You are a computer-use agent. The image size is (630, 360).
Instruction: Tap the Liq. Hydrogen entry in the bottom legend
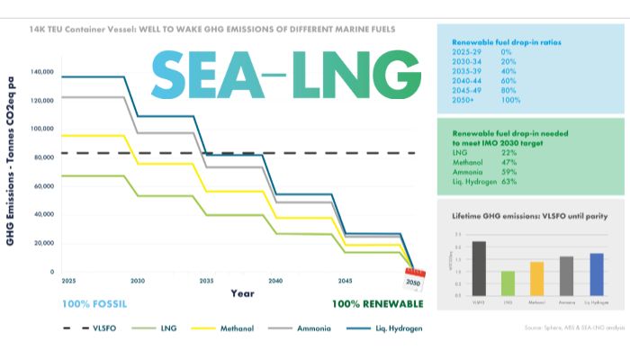[397, 328]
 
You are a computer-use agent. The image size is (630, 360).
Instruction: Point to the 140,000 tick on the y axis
[41, 71]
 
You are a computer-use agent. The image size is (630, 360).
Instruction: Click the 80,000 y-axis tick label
[43, 157]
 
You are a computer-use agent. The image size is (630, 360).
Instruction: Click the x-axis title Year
[242, 293]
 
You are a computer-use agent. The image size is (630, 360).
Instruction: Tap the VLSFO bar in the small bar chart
[479, 268]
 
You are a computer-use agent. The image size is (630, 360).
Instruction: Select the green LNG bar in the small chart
[508, 283]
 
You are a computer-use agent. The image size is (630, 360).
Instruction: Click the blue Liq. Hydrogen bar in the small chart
[596, 274]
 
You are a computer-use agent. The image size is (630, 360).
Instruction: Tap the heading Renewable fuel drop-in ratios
[502, 40]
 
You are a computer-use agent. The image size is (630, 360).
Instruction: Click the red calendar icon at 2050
[413, 281]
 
